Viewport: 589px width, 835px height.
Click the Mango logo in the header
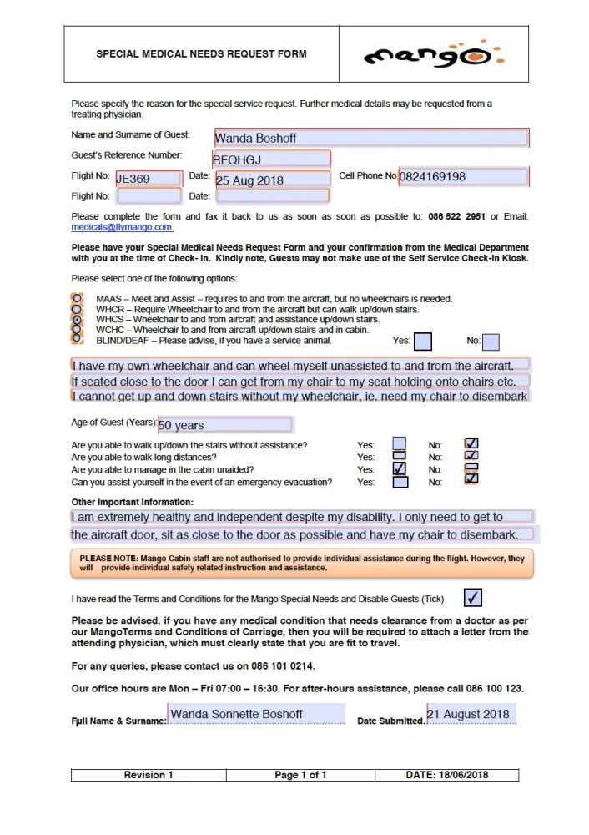pos(434,54)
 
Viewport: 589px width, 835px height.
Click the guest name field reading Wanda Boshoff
pos(370,138)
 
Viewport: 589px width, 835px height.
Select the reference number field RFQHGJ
pos(271,159)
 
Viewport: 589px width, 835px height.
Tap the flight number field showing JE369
pos(149,179)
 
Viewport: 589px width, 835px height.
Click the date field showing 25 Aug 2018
pos(273,180)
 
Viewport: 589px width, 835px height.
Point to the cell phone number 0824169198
pos(463,177)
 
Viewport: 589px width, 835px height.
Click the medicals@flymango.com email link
pos(122,227)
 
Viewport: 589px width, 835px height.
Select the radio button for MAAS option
pos(78,298)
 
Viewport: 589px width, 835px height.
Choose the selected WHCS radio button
pos(78,319)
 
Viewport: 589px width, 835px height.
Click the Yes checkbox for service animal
pos(423,341)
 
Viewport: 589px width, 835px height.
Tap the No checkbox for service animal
pos(491,341)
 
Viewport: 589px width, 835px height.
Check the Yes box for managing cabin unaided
pos(400,469)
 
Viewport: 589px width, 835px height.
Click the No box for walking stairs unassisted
pos(471,444)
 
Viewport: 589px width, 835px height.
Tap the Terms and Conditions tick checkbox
pos(472,597)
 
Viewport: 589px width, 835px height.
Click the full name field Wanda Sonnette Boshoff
pos(256,715)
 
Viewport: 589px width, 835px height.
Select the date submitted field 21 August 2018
pos(470,714)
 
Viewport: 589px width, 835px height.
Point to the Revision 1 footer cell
pos(149,775)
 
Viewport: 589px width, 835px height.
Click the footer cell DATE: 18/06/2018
pos(447,775)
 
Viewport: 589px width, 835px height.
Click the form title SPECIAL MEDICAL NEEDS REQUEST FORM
pos(201,54)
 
